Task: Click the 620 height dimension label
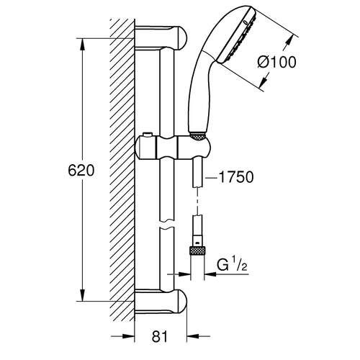(81, 171)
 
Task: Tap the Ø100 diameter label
(276, 62)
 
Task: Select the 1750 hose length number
(236, 177)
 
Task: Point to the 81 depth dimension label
(160, 336)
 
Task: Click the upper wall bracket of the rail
(161, 37)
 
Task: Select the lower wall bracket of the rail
(161, 302)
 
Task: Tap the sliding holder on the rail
(173, 147)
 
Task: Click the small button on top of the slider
(147, 135)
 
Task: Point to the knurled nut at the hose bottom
(197, 251)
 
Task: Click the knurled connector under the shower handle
(197, 136)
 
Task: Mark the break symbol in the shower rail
(166, 224)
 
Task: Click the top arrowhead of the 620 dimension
(82, 45)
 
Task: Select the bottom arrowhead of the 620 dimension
(82, 295)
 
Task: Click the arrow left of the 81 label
(122, 336)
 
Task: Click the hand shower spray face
(237, 38)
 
